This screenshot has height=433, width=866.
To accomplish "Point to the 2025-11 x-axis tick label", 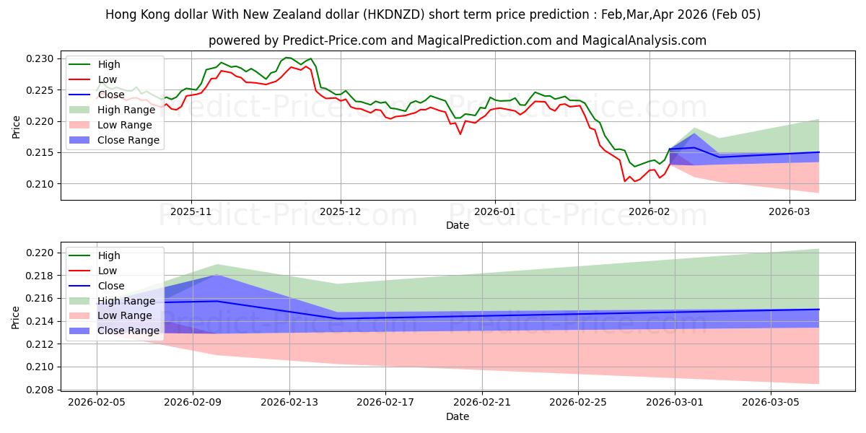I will [x=191, y=212].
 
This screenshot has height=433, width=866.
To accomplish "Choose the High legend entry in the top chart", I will [x=108, y=64].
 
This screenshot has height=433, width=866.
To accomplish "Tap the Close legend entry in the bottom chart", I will [x=109, y=286].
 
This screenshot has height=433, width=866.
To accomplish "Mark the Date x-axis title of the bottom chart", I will [x=458, y=416].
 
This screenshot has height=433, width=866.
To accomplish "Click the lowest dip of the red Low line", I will [x=625, y=181].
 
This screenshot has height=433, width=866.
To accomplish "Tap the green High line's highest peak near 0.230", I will [x=287, y=57].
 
